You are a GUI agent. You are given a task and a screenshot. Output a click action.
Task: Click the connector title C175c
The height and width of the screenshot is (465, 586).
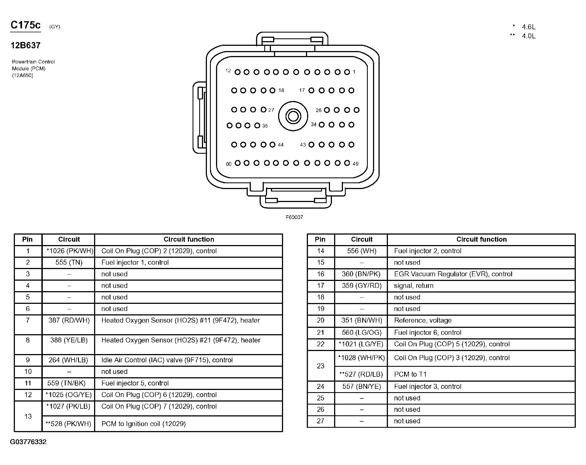pos(25,25)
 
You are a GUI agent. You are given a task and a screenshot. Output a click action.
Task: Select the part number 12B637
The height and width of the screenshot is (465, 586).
pos(25,46)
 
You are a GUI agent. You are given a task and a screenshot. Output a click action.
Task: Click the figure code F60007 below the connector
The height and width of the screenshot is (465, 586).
pos(294,217)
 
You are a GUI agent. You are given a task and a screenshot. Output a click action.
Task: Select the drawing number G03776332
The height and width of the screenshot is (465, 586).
pos(28,442)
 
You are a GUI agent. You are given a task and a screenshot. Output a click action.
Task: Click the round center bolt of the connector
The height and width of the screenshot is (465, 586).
pos(293,116)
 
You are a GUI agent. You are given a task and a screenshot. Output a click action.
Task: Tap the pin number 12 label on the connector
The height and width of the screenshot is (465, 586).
pos(228,71)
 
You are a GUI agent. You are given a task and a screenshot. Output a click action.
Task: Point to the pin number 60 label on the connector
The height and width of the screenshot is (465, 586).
pos(228,164)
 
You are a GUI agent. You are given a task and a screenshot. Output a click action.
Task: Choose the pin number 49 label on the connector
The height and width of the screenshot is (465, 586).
pos(356,164)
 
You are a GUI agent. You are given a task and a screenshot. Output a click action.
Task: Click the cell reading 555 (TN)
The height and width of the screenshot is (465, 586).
pos(69,262)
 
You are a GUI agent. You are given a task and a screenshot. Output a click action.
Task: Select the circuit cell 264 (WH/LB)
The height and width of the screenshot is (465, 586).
pos(68,360)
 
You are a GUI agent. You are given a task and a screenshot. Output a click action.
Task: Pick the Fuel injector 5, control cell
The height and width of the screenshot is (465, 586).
pos(135,383)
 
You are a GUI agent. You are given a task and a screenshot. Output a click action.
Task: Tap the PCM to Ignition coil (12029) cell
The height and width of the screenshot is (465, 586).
pos(143,424)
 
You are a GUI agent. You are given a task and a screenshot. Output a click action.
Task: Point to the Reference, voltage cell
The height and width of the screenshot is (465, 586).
pos(423,320)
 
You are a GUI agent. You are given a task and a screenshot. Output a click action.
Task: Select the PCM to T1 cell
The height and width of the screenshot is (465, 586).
pos(410,374)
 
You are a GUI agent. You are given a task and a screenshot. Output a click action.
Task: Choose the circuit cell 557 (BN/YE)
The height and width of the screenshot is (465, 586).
pos(361,387)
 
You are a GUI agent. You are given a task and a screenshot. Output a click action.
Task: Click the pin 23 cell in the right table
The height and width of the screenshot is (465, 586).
pos(321,366)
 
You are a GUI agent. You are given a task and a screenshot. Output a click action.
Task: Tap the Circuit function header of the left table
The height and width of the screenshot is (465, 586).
pos(189,240)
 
